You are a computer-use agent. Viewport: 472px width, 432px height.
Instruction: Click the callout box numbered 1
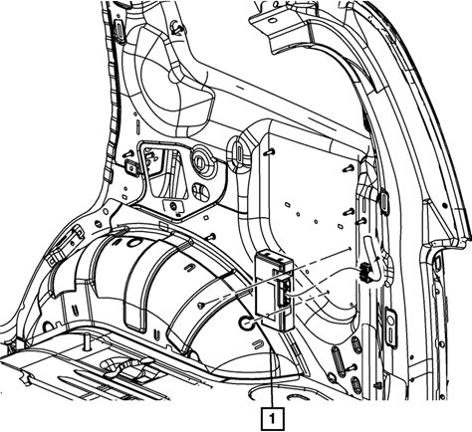(273, 418)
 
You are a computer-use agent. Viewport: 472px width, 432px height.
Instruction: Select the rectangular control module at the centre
(274, 291)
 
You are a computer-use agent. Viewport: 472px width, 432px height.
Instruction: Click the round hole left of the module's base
(246, 323)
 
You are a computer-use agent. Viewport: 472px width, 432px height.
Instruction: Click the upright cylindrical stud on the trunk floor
(88, 342)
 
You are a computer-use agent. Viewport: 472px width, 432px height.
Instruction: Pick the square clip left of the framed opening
(130, 166)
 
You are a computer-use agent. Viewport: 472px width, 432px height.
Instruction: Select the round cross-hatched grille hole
(200, 191)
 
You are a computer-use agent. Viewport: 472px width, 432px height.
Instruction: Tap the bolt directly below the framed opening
(173, 207)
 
